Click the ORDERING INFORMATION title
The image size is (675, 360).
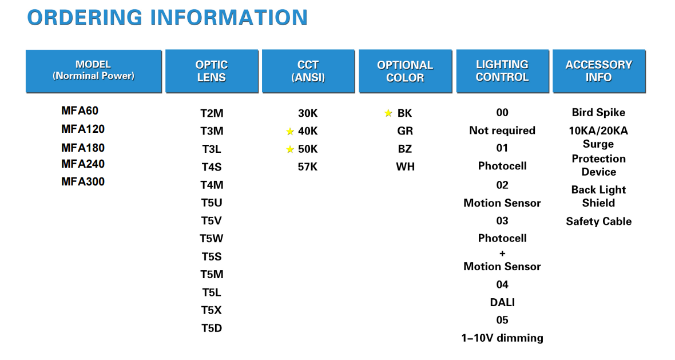pos(168,18)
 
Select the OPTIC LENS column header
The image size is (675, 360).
pos(212,71)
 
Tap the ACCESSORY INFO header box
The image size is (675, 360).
pos(599,71)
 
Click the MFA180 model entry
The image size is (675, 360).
pos(82,148)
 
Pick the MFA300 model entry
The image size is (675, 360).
pos(82,181)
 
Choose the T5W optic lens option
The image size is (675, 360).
pos(212,239)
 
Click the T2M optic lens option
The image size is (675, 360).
pos(212,113)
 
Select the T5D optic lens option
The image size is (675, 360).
pos(212,328)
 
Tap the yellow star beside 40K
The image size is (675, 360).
pos(290,131)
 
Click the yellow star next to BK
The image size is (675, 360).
pos(388,113)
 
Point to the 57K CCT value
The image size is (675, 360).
pos(307,167)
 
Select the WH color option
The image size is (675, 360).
pos(405,167)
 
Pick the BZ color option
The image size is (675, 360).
pos(404,149)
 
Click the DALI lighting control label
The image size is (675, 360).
pos(502,302)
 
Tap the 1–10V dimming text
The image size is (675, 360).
pos(502,338)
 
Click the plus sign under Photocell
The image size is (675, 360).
pos(502,253)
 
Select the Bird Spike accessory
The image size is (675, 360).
pos(598,112)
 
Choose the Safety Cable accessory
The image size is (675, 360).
pos(599,221)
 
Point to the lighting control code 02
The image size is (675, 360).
pos(502,185)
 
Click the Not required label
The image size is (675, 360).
pos(502,130)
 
